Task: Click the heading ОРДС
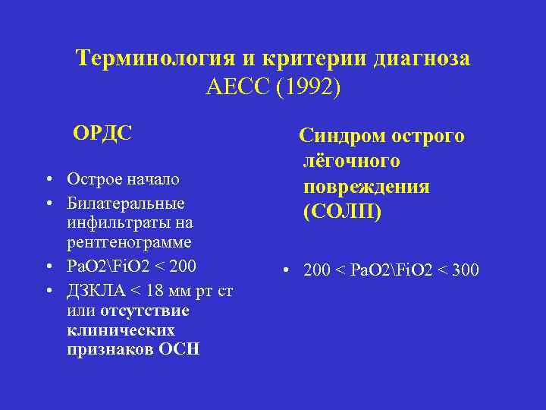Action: (x=102, y=134)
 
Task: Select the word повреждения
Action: (x=366, y=188)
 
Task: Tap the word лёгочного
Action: (x=352, y=162)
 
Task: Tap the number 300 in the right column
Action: (x=463, y=270)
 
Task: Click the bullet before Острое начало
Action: (x=48, y=180)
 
